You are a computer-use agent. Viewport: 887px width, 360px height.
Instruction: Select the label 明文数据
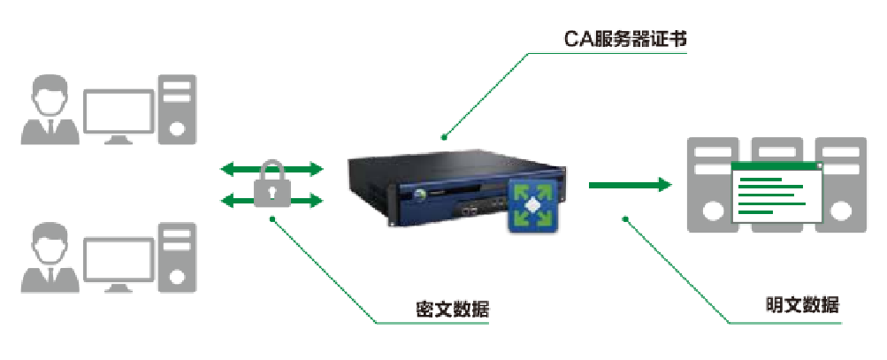[x=802, y=305]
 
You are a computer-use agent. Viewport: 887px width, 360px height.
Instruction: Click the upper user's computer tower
[x=177, y=108]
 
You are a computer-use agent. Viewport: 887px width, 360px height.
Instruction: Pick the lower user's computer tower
[x=177, y=257]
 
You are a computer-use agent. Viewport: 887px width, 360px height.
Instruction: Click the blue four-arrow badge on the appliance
[x=532, y=205]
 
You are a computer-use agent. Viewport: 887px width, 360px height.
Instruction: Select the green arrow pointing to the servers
[x=630, y=185]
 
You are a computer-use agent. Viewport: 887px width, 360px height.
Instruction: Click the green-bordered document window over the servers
[x=776, y=192]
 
